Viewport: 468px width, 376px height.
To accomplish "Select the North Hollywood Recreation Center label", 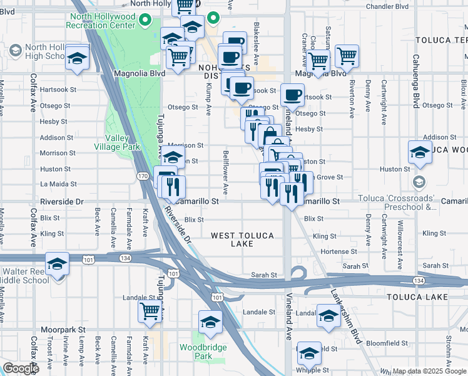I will (103, 21).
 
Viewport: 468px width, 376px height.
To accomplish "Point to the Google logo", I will (21, 368).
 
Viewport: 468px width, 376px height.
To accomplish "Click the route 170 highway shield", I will (143, 177).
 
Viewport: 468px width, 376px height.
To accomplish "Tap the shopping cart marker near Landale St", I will (150, 310).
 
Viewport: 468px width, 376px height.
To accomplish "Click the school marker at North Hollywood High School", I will (76, 58).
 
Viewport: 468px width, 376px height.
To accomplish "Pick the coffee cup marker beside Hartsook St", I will (292, 95).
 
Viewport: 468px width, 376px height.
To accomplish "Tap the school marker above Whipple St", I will (309, 353).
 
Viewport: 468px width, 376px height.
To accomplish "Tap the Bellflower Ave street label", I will (225, 171).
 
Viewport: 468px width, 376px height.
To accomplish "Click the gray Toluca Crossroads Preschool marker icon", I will (419, 182).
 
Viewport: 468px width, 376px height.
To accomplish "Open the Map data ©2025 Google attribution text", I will (429, 371).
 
